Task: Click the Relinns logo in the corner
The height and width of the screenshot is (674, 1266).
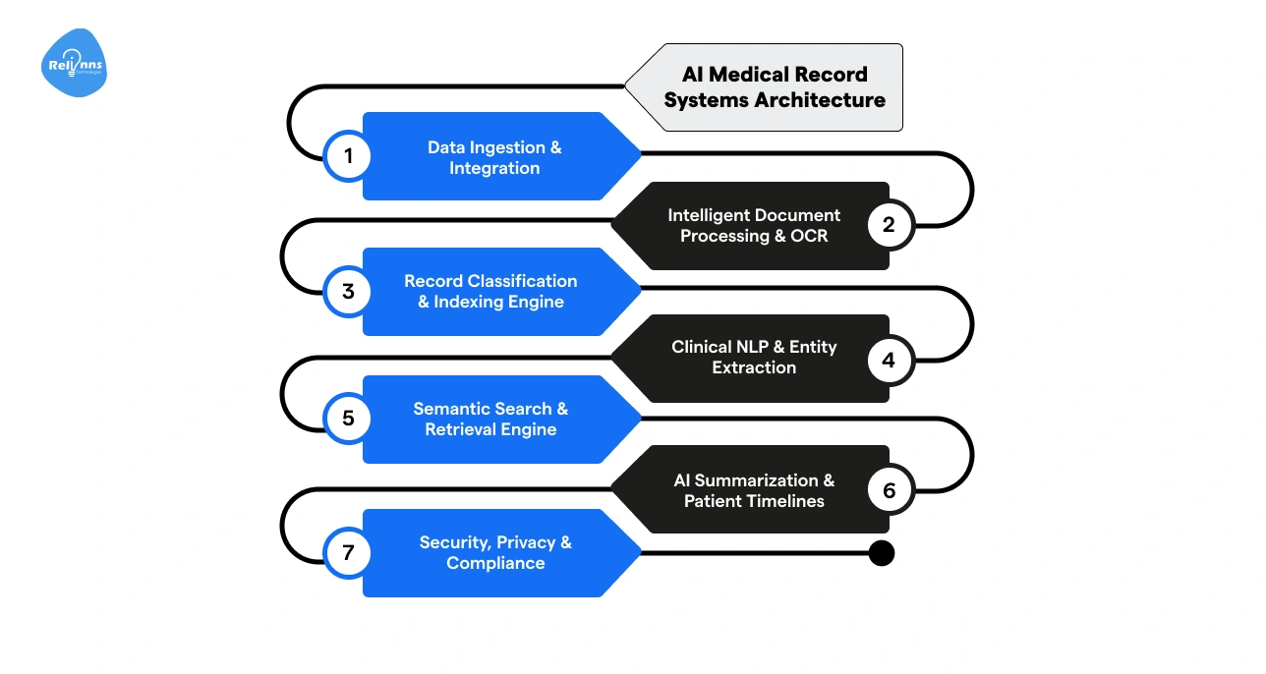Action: [x=75, y=64]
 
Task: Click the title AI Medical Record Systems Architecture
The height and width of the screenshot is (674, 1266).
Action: [x=775, y=87]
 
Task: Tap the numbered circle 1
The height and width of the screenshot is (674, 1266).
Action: [x=347, y=156]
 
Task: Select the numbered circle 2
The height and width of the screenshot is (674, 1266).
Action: [x=890, y=225]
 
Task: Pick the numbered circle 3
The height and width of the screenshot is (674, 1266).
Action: [x=347, y=292]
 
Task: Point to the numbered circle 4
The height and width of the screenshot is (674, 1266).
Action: [x=890, y=360]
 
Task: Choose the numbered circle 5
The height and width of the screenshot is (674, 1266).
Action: [x=347, y=420]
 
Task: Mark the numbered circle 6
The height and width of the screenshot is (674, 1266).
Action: [x=890, y=490]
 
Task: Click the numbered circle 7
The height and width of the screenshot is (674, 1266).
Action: [x=347, y=553]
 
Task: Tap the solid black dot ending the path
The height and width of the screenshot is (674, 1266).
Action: [x=882, y=553]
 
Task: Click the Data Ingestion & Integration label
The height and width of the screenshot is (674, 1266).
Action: [x=494, y=157]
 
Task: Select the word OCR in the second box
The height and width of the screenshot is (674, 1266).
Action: [x=809, y=236]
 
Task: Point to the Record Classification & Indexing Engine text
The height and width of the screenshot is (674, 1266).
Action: [x=490, y=291]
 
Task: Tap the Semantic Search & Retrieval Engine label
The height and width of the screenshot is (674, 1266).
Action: [x=490, y=420]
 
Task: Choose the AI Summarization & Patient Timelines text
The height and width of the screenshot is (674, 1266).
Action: [x=754, y=490]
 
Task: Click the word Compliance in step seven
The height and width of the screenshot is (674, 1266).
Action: [x=495, y=563]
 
